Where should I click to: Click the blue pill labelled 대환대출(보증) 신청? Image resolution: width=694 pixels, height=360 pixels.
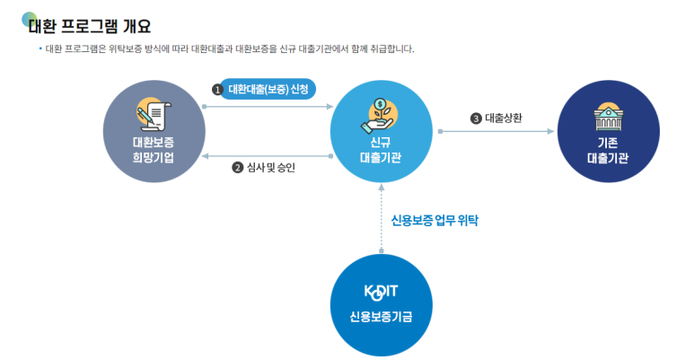tap(268, 89)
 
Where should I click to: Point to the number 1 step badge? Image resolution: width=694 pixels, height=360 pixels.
tap(216, 90)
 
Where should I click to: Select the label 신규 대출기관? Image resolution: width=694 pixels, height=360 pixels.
tap(381, 149)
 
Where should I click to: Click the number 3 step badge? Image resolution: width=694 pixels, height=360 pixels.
tap(476, 118)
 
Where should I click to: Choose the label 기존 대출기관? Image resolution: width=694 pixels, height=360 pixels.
tap(607, 149)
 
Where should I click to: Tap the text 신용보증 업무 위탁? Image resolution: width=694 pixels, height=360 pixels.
tap(435, 220)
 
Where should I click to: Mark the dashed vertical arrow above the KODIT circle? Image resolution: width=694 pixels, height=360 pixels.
tap(382, 220)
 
